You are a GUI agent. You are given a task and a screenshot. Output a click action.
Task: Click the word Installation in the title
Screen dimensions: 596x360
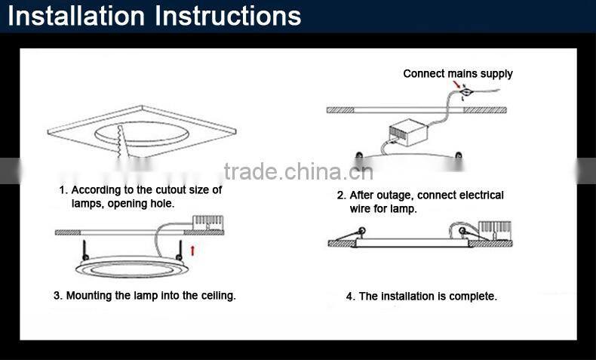pos(76,17)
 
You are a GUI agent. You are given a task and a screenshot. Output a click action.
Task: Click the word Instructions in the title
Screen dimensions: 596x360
pos(228,17)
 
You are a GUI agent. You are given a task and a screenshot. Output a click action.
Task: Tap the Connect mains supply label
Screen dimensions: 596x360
pos(458,74)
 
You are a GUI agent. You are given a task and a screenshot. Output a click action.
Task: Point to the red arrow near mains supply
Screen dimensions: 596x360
pos(456,85)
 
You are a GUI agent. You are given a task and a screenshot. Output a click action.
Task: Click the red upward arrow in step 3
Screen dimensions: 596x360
pos(192,251)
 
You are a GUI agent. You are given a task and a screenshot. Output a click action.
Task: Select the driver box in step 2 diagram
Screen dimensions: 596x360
pos(408,132)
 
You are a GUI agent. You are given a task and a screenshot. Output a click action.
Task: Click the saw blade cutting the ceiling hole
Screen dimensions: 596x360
pos(122,142)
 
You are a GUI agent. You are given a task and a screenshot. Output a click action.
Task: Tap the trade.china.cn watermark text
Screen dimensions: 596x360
pos(299,172)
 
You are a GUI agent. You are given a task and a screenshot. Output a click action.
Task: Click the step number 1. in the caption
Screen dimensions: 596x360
pos(63,189)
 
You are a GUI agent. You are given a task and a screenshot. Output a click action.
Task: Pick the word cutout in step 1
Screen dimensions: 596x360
pos(171,189)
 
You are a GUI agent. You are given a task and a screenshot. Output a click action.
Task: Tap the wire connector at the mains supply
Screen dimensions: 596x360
pos(465,91)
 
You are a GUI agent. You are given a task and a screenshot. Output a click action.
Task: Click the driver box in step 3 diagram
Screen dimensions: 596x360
pos(207,223)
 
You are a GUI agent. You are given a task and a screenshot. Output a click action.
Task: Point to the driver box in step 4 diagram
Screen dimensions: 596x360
pos(494,231)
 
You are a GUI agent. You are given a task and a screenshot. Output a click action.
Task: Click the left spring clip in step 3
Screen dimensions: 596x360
pos(84,251)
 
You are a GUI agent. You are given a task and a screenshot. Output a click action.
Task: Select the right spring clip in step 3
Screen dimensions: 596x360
pos(180,251)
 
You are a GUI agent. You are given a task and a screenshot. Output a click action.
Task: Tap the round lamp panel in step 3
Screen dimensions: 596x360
pos(132,267)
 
